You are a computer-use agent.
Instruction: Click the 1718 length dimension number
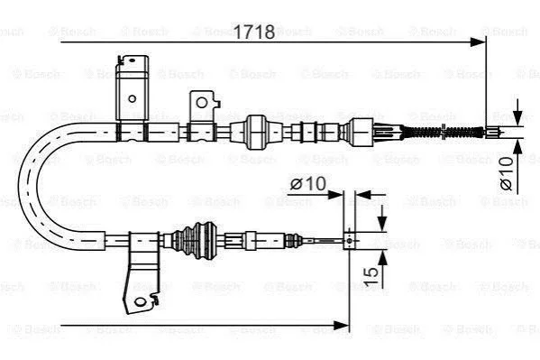pos(254,32)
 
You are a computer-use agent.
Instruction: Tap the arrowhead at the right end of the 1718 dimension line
pos(478,42)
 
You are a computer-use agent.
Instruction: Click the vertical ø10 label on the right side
pos(507,173)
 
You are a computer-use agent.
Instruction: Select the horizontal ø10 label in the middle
pos(307,183)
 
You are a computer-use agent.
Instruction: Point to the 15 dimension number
pos(371,276)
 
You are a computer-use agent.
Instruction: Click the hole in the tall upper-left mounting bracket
pos(132,99)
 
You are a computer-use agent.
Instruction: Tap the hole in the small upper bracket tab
pos(201,103)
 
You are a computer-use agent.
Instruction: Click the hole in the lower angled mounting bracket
pos(140,302)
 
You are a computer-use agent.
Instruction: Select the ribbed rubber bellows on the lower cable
pos(194,240)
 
